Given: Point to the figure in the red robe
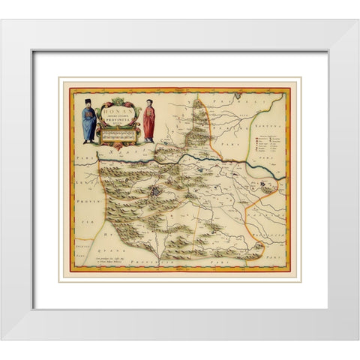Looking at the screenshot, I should tap(149, 121).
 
